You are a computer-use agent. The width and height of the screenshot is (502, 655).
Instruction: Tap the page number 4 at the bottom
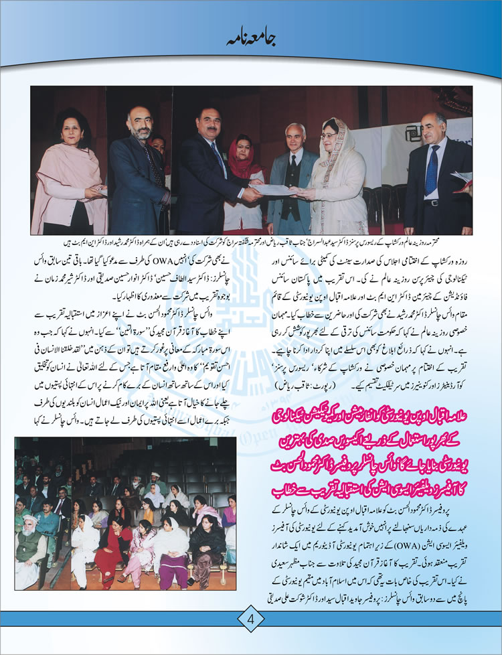(250, 619)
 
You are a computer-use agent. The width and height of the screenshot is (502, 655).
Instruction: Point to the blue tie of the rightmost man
(432, 170)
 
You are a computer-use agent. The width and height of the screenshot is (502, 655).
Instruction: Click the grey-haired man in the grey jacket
(295, 167)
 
